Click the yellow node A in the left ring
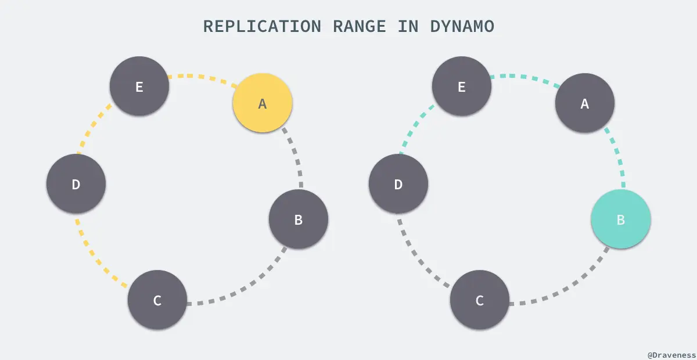[x=262, y=103]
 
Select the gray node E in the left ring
[x=139, y=86]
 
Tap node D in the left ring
[x=76, y=184]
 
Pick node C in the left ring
[x=157, y=300]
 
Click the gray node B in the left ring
[x=298, y=219]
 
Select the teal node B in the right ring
[x=620, y=219]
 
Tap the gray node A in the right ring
[x=584, y=103]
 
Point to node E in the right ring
[x=462, y=86]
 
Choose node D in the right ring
[x=398, y=184]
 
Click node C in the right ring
[x=480, y=300]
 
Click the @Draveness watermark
[x=671, y=354]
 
